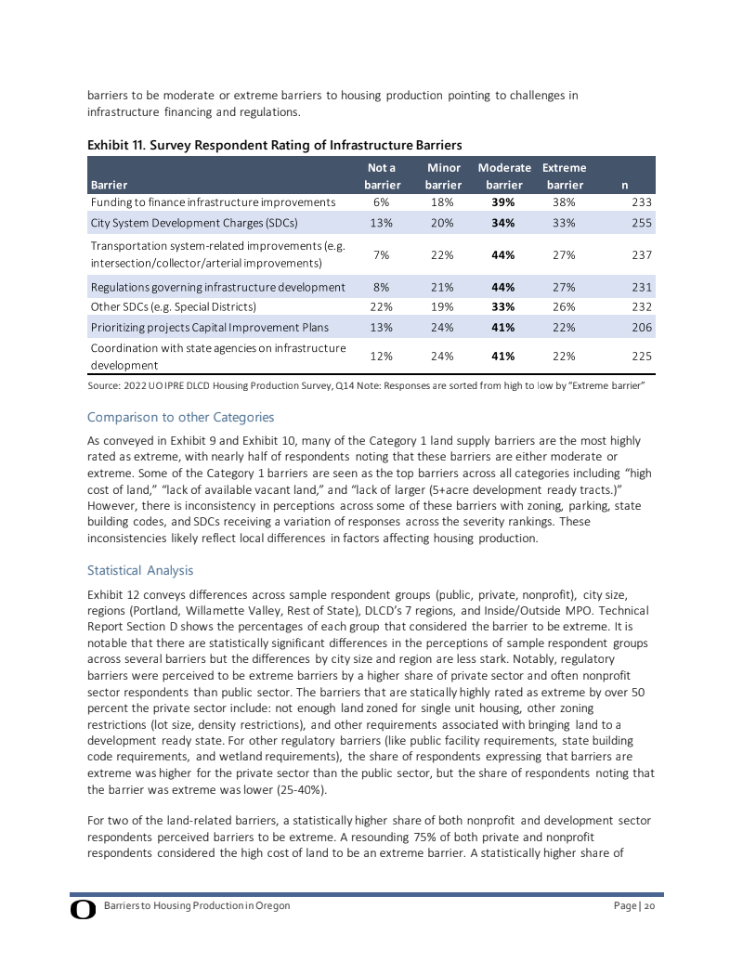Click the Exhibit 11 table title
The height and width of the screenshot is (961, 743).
point(274,145)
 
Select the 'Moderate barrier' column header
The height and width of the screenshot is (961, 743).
point(503,176)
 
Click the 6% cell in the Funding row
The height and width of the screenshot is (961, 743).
point(381,201)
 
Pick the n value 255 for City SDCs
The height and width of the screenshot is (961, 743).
point(642,223)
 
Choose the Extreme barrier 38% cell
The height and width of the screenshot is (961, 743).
point(563,201)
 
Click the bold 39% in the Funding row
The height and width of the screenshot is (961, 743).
point(503,201)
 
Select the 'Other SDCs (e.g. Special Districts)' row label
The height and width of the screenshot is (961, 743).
point(173,305)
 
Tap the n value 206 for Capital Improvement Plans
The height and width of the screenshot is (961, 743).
point(642,327)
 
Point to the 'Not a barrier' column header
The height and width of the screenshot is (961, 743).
point(381,176)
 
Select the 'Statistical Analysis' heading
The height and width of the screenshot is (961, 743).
point(140,569)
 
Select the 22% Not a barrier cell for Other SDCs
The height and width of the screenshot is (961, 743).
point(381,305)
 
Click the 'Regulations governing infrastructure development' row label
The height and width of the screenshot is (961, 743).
point(217,287)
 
